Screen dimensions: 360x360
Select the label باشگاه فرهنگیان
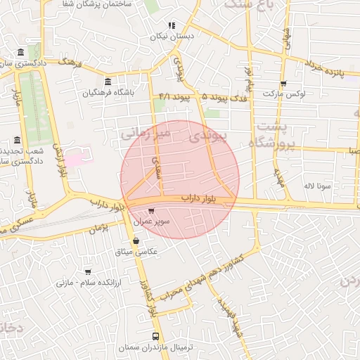pos(108,92)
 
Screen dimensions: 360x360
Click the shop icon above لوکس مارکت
pos(283,83)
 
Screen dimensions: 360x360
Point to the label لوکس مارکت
pos(283,93)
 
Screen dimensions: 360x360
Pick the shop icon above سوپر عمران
pos(152,210)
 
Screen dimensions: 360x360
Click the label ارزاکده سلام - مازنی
pos(87,282)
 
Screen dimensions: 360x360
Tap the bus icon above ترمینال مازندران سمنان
pos(156,337)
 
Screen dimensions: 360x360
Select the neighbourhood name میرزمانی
pos(144,132)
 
